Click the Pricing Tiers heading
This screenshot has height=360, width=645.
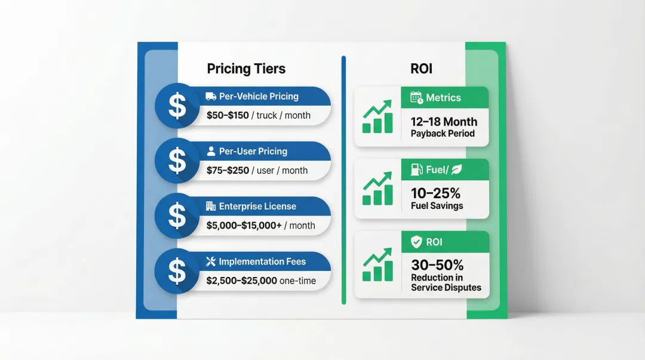[246, 69]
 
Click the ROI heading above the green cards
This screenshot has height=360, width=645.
[421, 69]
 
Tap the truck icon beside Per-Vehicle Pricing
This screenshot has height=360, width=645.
[210, 96]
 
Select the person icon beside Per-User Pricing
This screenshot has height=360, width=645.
[211, 152]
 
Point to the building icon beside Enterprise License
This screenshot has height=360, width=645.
[211, 207]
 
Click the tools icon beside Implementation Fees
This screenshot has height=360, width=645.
[211, 261]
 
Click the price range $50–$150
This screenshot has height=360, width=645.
[228, 115]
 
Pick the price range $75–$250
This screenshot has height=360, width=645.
[228, 170]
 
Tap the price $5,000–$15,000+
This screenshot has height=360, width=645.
[244, 226]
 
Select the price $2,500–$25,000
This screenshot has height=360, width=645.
[241, 281]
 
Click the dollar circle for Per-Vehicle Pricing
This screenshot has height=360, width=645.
[177, 106]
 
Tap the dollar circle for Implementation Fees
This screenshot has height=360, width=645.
[177, 271]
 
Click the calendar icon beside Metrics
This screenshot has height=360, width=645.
[416, 98]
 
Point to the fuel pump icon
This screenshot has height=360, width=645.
[417, 170]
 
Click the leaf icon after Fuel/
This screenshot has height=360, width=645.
[456, 170]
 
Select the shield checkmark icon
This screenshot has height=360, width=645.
[417, 242]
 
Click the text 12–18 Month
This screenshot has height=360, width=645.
[444, 122]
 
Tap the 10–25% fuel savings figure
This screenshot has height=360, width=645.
[435, 193]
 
